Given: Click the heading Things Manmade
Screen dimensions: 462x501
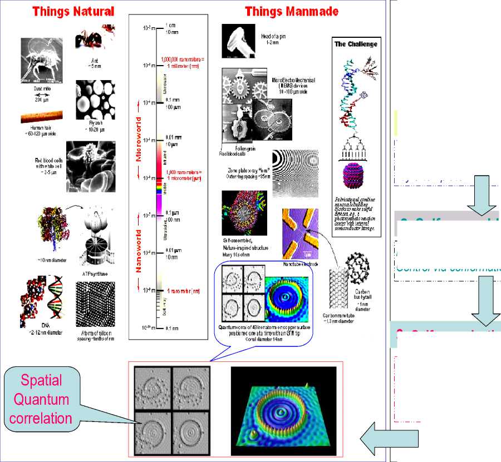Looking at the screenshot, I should click(291, 11).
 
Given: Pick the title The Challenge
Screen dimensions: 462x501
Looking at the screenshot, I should click(356, 43).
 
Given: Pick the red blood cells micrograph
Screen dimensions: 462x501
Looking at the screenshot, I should click(91, 167).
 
